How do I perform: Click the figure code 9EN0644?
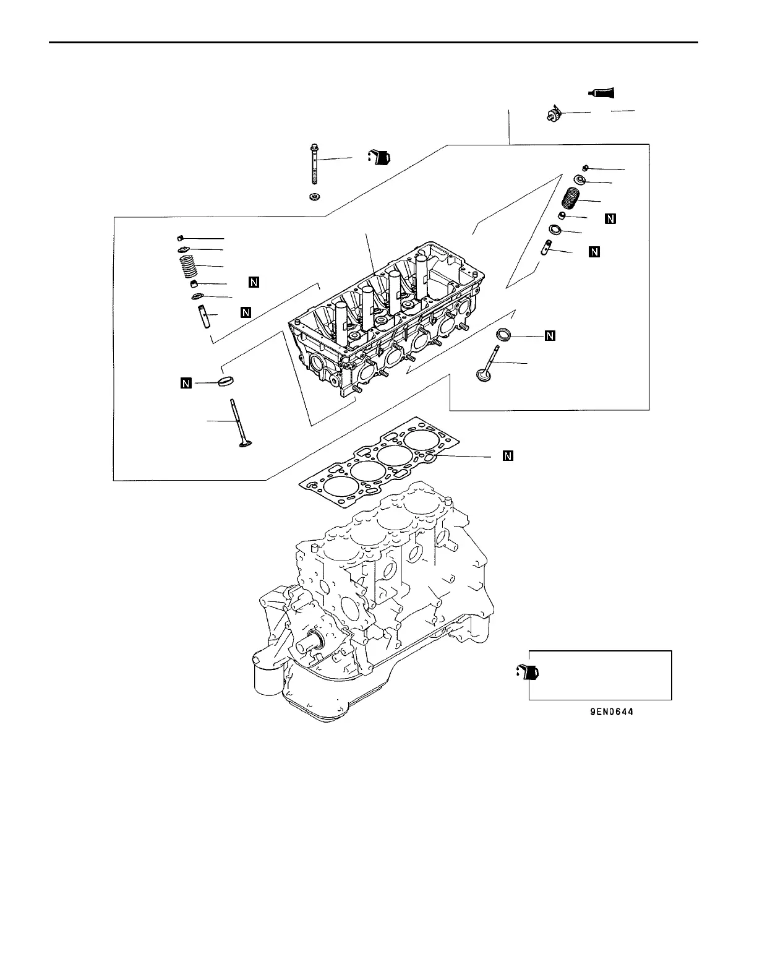click(x=611, y=712)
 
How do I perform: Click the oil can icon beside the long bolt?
click(x=379, y=157)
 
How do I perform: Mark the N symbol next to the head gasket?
click(x=508, y=457)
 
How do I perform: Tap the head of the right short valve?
click(x=481, y=375)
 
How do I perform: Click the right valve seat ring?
click(x=504, y=335)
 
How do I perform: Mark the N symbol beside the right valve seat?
click(x=550, y=336)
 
